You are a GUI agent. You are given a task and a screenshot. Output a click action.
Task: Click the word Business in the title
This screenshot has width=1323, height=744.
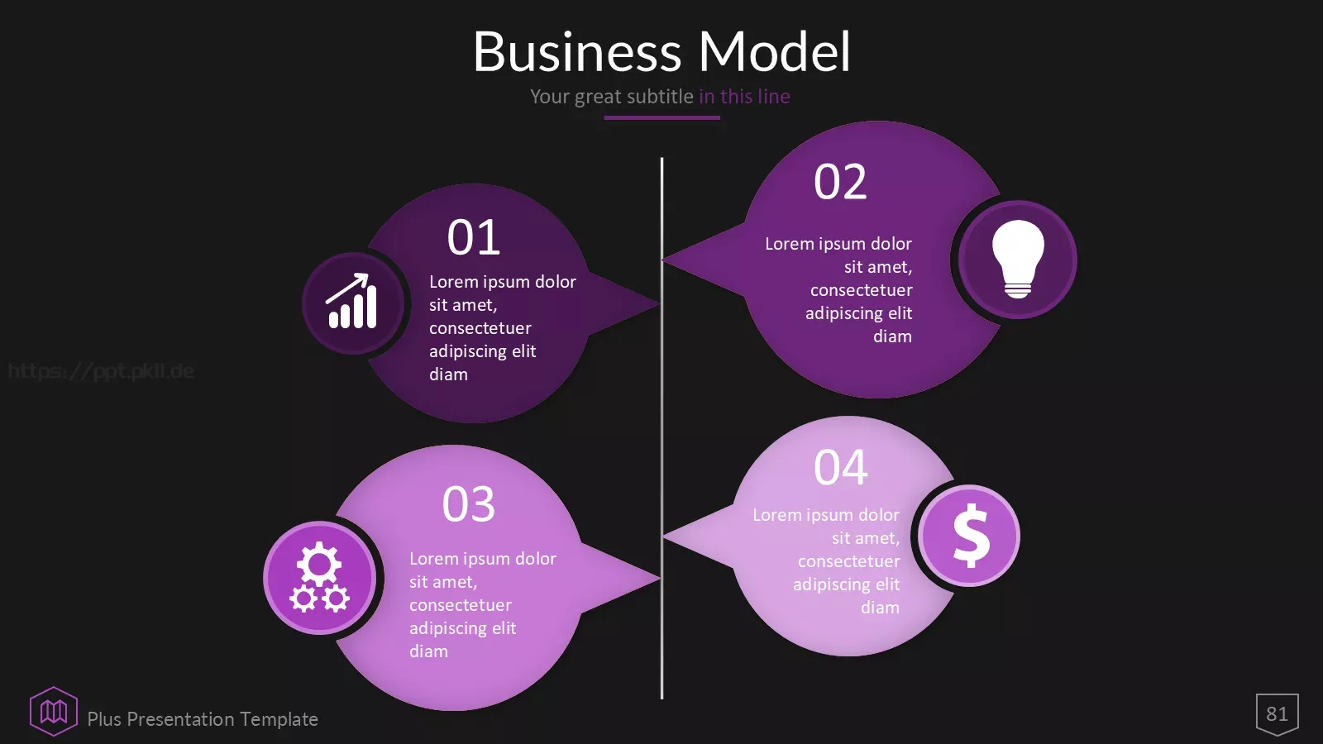coord(577,51)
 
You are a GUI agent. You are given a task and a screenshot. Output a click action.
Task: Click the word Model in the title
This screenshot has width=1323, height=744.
coord(774,51)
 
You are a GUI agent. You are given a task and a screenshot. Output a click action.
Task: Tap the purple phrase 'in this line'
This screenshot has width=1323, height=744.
coord(744,96)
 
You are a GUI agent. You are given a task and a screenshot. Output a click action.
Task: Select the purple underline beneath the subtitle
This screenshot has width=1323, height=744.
coord(661,117)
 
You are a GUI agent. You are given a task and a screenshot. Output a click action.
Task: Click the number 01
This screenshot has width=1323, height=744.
coord(474,237)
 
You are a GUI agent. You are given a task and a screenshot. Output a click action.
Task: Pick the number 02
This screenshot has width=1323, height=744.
coord(840,182)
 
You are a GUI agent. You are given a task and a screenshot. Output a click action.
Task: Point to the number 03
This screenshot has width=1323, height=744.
coord(468,504)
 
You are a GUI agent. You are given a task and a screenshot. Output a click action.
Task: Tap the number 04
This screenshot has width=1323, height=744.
coord(840,468)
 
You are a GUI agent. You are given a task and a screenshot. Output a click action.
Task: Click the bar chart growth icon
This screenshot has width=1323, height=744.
coord(351,301)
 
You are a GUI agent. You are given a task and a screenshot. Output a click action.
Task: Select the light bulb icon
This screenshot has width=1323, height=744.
coord(1018,260)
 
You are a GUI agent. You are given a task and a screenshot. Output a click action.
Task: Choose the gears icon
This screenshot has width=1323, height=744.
coord(319,577)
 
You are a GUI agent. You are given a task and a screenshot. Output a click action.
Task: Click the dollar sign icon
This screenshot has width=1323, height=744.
coord(971,536)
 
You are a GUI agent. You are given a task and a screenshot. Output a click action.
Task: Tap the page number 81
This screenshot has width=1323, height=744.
coord(1277,714)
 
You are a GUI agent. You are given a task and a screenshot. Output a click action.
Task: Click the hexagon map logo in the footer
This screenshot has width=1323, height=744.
coord(54,712)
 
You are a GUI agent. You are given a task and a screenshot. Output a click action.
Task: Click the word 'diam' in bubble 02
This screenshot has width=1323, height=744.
coord(892,336)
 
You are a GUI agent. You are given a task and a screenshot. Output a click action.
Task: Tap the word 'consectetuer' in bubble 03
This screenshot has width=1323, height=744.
coord(461,605)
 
